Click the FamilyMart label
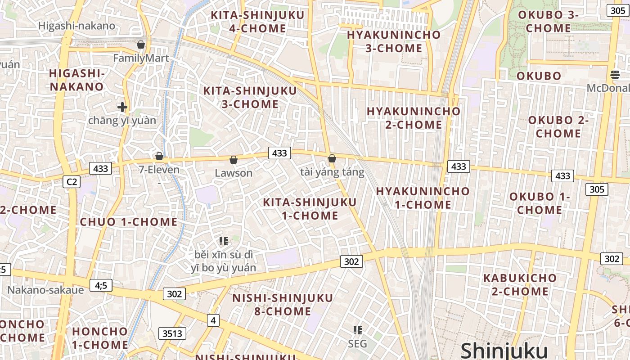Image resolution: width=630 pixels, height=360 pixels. coord(141,58)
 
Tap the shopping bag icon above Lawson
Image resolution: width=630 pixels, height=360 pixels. coord(234,160)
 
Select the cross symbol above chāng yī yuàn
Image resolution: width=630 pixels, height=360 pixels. coord(122,107)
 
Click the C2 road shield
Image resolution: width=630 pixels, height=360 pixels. coord(72,182)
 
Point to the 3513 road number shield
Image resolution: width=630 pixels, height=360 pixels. coord(172,333)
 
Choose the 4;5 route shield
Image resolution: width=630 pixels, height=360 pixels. coord(101,285)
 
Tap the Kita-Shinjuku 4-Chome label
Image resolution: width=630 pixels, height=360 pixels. coord(258,22)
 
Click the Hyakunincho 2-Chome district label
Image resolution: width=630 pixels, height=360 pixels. coord(414,118)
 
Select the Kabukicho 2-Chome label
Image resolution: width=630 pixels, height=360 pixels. coord(520,284)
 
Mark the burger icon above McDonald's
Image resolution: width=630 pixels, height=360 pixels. coord(615,74)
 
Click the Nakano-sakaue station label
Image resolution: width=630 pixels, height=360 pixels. coord(45,290)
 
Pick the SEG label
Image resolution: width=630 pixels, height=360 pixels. coord(358,344)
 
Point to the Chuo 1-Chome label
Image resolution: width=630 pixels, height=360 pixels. coord(129,222)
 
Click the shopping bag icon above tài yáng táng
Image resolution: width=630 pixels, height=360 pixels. coord(332,158)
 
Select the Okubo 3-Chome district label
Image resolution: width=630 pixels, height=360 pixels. coord(548,22)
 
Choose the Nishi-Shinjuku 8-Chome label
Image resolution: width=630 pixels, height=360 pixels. coord(283,305)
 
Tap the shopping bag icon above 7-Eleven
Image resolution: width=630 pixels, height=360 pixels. coord(159,156)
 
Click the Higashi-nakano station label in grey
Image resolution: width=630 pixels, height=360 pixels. coord(76,26)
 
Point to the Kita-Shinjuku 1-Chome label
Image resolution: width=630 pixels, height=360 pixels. coord(310,209)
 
